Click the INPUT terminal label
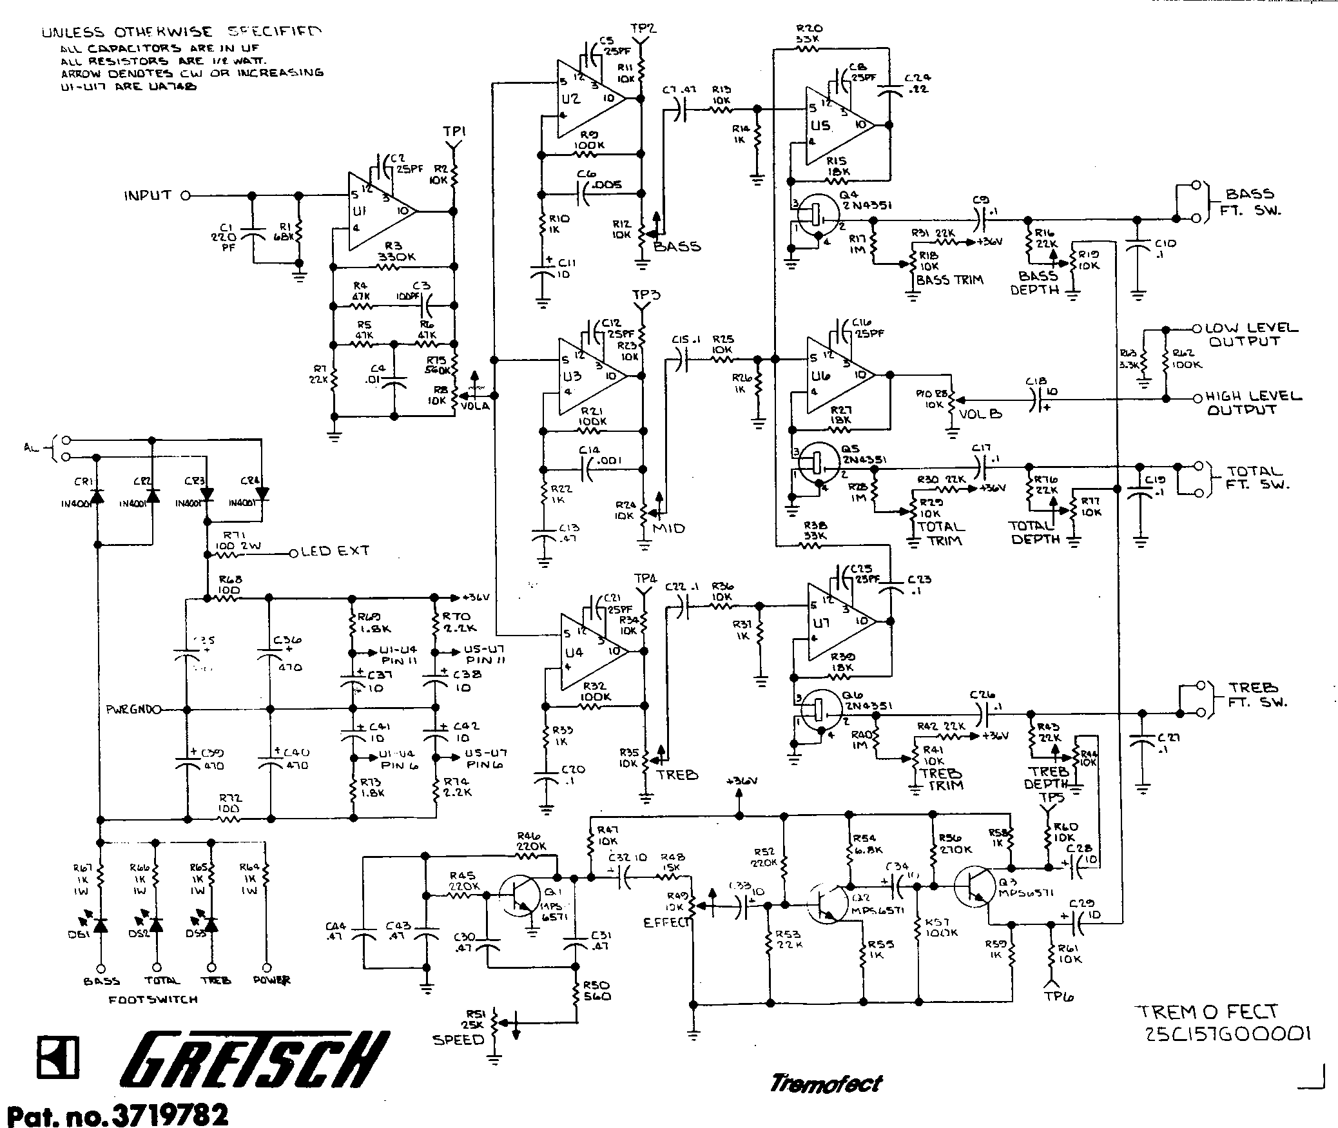148,195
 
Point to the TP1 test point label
454,132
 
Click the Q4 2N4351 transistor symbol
817,217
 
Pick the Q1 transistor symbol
521,895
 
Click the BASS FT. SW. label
1250,202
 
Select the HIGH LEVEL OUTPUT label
1253,403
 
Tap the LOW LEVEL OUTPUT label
1251,335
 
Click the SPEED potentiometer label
458,1040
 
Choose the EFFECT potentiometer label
666,922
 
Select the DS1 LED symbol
100,924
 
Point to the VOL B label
981,414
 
